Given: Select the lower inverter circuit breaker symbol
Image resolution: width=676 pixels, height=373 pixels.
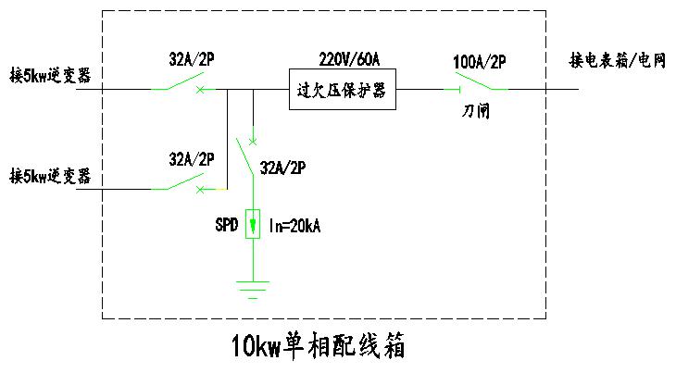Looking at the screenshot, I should pos(182,184).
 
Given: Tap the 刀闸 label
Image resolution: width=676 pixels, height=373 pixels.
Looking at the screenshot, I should pos(476,112).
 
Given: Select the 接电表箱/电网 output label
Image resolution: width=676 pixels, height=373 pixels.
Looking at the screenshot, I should pos(618,62).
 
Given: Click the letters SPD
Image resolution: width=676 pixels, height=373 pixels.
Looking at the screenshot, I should pos(225,225).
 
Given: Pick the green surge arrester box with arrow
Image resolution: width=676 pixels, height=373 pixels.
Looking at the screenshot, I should pos(252,225).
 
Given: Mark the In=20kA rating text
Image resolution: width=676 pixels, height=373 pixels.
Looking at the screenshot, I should pos(294,225).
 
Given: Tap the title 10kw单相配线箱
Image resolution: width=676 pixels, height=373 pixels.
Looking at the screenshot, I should pos(318,348).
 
